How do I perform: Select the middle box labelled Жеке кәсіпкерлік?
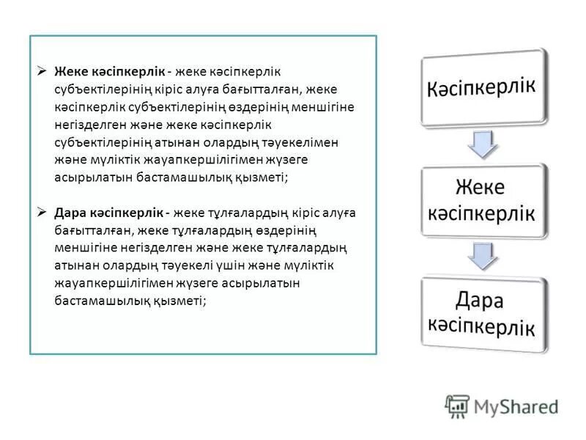pos(483,200)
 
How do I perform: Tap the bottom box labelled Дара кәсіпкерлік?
pos(483,313)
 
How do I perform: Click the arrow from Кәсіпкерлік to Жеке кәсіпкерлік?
pos(481,144)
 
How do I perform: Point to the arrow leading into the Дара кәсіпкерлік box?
pos(483,257)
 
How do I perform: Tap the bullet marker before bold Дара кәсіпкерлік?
pos(42,213)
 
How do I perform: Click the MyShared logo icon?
pos(457,406)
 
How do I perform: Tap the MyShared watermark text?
pos(516,406)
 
